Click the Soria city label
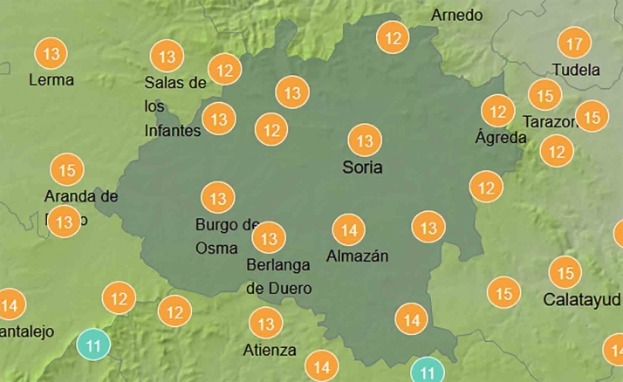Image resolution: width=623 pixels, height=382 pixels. point(364,167)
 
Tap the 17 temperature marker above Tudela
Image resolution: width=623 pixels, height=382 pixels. point(573,44)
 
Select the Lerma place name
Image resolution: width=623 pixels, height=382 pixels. point(51,80)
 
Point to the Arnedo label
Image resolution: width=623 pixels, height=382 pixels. point(456,16)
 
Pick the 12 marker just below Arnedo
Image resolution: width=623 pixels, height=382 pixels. point(394,38)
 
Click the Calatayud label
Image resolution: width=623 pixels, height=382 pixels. point(582,300)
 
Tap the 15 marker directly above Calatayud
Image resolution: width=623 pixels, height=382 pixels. point(566,273)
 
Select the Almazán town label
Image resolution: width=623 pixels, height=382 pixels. point(357,256)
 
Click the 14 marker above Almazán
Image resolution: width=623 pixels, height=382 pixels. point(349,230)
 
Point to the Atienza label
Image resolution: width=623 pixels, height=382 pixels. point(270,351)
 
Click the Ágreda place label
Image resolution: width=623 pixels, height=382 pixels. point(501,138)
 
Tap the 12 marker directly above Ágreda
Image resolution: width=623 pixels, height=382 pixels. point(498,112)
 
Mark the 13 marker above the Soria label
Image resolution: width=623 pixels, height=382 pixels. point(365,140)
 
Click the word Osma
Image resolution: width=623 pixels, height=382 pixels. point(216,248)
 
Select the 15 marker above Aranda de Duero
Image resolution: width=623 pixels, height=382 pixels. point(67,169)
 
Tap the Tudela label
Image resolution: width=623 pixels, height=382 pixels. point(577,70)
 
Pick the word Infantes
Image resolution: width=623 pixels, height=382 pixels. point(173,131)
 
